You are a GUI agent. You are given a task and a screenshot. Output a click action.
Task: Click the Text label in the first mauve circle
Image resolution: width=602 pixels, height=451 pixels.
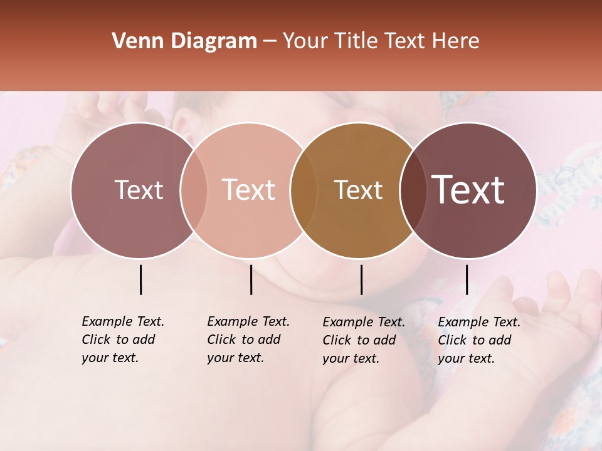[x=139, y=190]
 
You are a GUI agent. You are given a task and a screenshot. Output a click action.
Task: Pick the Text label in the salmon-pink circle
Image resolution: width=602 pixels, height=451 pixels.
[x=249, y=190]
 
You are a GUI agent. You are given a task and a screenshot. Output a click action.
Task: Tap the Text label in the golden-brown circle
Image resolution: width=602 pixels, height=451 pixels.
[x=359, y=190]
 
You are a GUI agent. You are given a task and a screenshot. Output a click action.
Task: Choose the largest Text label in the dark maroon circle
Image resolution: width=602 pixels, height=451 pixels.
[x=468, y=190]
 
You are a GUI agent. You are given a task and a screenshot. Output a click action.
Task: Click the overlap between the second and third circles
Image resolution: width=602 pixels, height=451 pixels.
[x=304, y=190]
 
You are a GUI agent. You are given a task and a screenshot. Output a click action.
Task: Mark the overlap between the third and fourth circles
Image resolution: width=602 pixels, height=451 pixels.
[x=413, y=190]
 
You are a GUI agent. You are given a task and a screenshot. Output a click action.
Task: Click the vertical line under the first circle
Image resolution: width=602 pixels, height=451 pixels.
[x=140, y=279]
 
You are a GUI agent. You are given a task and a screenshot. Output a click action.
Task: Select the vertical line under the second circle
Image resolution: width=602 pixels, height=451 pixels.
[x=251, y=279]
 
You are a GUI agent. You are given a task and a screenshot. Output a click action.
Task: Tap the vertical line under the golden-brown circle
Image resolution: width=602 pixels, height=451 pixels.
[x=361, y=279]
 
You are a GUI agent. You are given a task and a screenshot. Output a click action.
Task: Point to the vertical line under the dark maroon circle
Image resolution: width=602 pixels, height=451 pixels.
[x=467, y=279]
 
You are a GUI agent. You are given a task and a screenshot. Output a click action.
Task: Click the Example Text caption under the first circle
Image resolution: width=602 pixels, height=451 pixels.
[x=123, y=340]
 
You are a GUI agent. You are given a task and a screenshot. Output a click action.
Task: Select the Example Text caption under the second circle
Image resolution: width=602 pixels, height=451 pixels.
[x=248, y=340]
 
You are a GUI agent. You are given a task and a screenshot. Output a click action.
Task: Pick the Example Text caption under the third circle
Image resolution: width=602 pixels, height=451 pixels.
[x=364, y=340]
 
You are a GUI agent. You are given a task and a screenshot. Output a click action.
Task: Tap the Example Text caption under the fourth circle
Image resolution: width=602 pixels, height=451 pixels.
[x=479, y=340]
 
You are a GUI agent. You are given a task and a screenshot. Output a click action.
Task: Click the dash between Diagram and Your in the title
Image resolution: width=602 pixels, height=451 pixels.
[x=270, y=42]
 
